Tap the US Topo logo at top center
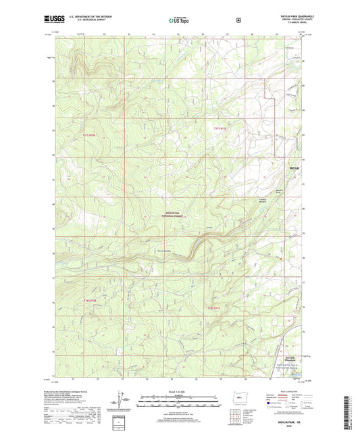[179, 20]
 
